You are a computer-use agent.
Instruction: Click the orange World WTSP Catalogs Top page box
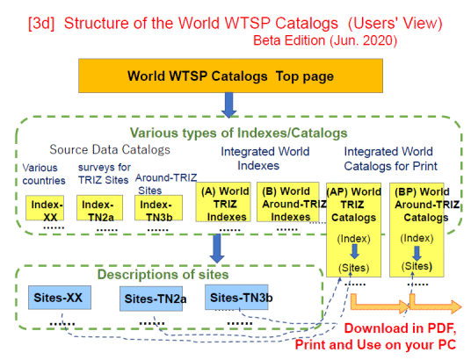pos(230,76)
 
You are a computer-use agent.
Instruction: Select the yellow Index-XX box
pos(45,208)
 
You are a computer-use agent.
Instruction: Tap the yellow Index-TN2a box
pos(99,208)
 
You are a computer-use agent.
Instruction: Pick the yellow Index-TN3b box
pos(158,208)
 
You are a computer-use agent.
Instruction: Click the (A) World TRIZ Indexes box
pos(223,202)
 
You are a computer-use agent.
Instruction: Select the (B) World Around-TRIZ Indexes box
pos(287,202)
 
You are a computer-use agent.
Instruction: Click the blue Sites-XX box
pos(60,298)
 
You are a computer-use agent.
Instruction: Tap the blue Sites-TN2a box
pos(151,299)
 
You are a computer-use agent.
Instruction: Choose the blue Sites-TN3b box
pos(236,298)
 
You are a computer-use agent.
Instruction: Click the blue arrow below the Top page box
pos(228,104)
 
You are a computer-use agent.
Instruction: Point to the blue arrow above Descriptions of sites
pos(217,248)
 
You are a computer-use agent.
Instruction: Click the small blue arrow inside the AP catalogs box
pos(355,252)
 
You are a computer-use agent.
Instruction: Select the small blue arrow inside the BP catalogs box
pos(417,254)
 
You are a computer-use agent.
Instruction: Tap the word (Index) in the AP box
pos(353,239)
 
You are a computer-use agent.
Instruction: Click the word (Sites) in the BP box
pos(417,266)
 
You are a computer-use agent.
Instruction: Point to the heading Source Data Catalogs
pos(110,149)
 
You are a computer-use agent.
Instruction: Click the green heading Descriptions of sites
pos(163,275)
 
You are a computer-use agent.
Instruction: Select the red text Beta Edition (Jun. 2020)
pos(325,40)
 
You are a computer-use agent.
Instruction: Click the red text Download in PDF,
pos(400,328)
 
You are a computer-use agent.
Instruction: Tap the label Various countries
pos(44,174)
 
